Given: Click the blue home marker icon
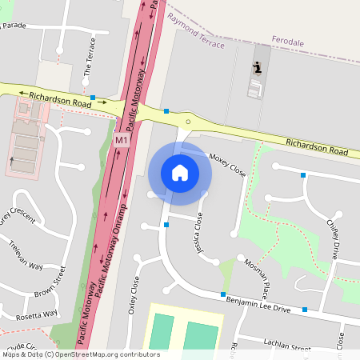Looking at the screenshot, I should [180, 172].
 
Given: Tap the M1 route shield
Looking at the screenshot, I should [121, 141].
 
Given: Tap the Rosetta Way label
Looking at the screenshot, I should [38, 314].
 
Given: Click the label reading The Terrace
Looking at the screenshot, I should [90, 56].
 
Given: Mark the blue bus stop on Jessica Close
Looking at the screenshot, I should [166, 225].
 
